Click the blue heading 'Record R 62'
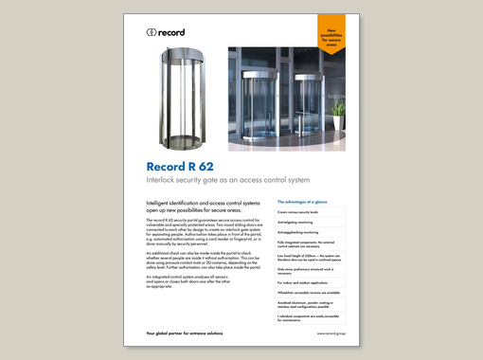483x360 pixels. click(180, 167)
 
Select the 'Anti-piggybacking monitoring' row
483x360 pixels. click(300, 230)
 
